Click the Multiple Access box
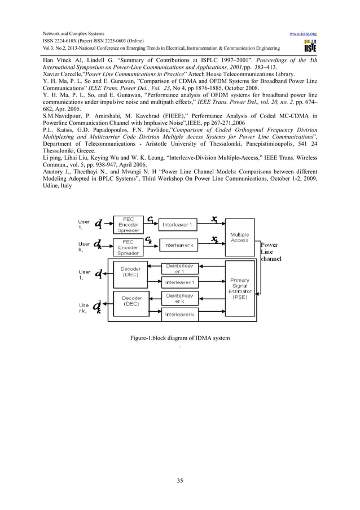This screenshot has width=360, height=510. [x=239, y=238]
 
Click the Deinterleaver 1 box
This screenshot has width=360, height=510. [x=180, y=269]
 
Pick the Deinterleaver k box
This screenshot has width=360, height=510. [x=180, y=298]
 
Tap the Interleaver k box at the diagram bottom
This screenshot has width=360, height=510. [x=180, y=313]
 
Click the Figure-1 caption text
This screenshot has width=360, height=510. [x=180, y=338]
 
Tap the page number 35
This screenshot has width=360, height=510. [x=180, y=481]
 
